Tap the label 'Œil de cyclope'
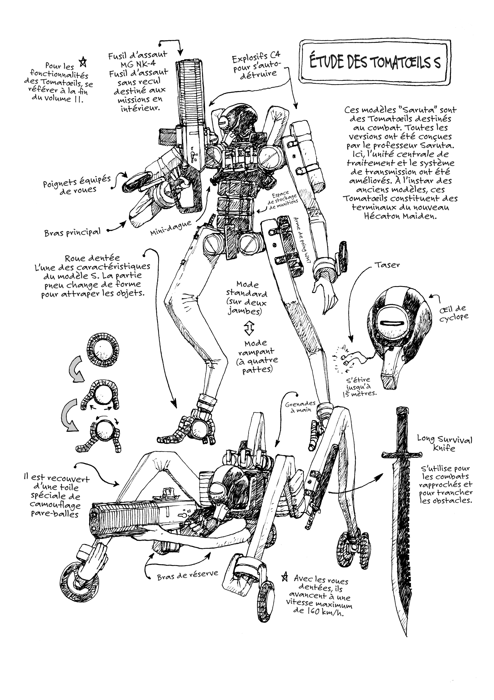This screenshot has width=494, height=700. (454, 313)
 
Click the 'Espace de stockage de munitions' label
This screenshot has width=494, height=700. (283, 201)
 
